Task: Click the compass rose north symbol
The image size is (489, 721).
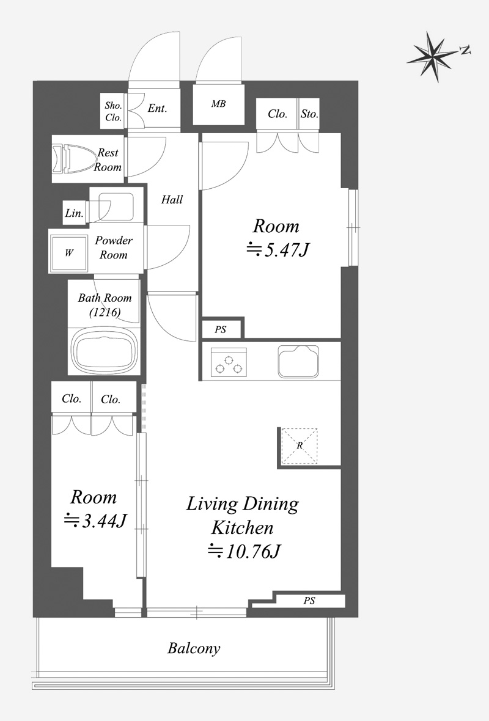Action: (434, 57)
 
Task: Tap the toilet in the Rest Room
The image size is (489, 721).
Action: (74, 159)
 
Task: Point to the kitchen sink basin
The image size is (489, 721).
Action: (298, 361)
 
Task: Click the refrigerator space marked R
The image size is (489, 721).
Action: (300, 445)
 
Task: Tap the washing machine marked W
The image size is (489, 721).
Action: (69, 253)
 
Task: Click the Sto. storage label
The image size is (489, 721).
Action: (309, 114)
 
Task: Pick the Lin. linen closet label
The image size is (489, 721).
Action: (74, 213)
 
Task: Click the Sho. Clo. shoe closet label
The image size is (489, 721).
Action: (113, 112)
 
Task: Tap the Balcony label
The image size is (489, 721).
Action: (194, 648)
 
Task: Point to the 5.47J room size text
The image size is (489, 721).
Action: (278, 250)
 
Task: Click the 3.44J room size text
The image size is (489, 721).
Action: (95, 521)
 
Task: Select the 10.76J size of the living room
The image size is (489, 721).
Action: (244, 551)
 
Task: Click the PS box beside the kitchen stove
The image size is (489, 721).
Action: (221, 330)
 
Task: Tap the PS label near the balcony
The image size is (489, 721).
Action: (309, 601)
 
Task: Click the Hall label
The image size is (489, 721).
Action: (172, 200)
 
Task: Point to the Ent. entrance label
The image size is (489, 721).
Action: (157, 109)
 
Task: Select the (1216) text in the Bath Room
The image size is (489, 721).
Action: (105, 313)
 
